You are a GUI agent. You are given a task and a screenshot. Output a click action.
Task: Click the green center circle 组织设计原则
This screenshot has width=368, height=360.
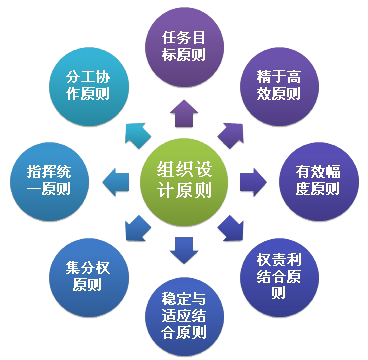click(184, 181)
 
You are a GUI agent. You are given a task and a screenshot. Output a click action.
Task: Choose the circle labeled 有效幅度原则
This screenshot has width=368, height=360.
click(317, 179)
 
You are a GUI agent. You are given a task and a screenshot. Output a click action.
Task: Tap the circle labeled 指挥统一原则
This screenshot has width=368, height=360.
click(50, 179)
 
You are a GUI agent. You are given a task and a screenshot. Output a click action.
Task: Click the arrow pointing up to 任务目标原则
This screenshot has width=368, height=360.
click(184, 114)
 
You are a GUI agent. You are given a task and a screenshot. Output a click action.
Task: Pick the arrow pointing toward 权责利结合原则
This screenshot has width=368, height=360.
click(232, 227)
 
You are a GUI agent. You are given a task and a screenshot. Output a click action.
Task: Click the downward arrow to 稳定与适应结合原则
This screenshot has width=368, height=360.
click(184, 246)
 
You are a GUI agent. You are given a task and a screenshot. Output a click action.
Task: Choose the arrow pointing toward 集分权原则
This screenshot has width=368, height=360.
click(137, 227)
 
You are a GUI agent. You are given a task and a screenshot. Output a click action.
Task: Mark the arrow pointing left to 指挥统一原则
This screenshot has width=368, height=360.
click(117, 180)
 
